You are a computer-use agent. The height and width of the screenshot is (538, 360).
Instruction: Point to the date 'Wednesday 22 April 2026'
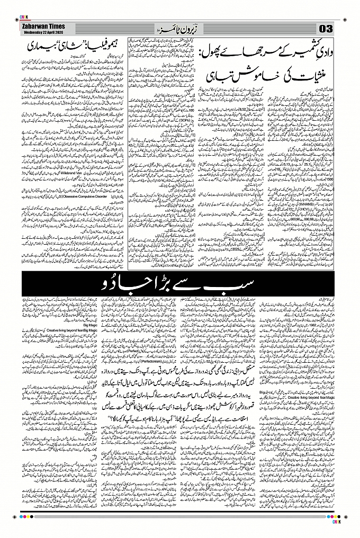pyautogui.click(x=43, y=31)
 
